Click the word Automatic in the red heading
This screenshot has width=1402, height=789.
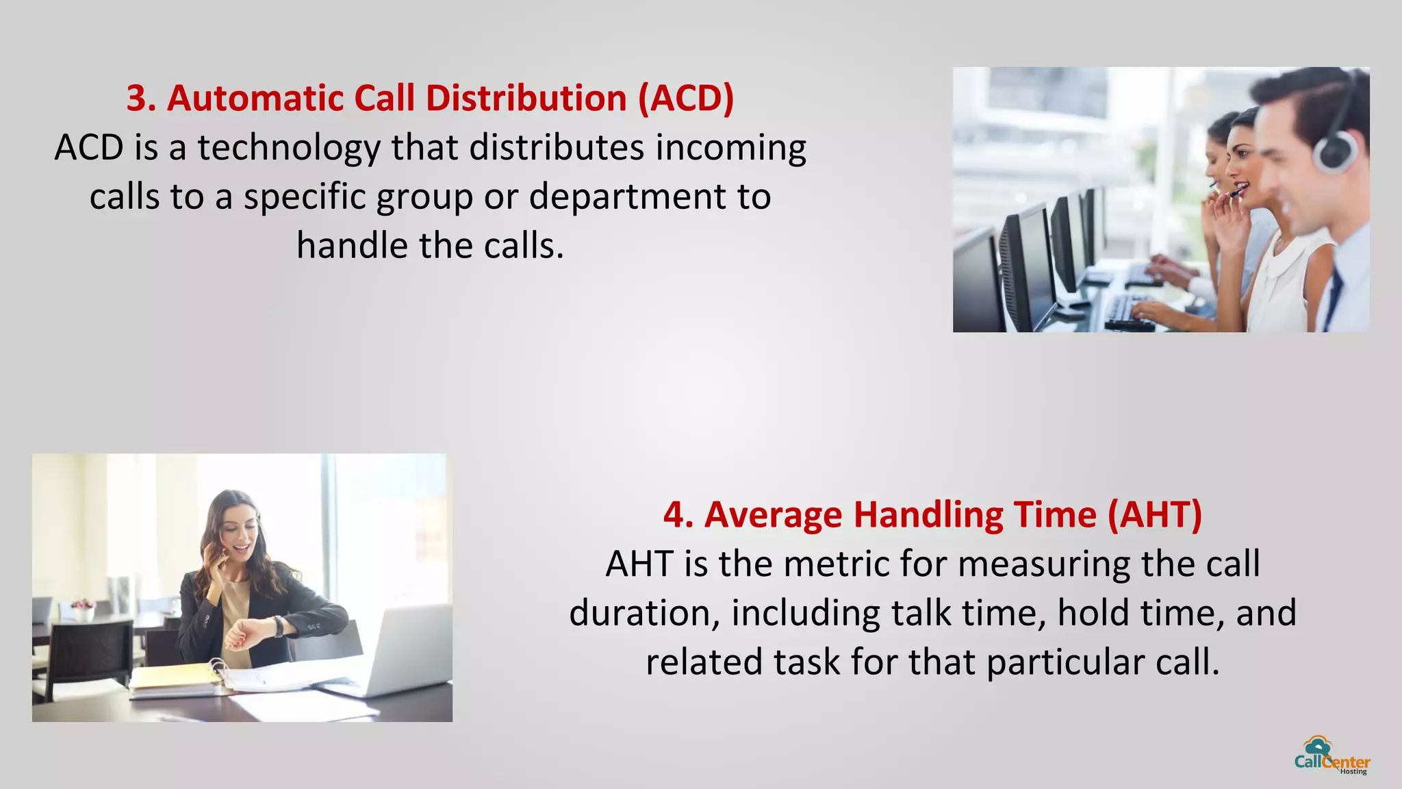click(x=254, y=98)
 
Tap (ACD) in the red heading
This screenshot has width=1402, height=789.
click(x=685, y=98)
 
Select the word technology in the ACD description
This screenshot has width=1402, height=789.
click(x=289, y=148)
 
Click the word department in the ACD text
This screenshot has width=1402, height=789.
click(x=626, y=197)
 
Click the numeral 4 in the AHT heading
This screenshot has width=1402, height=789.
click(x=674, y=515)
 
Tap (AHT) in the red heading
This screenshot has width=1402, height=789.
click(x=1155, y=515)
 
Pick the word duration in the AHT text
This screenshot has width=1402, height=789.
click(x=644, y=614)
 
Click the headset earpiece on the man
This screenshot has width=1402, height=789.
click(x=1336, y=151)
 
